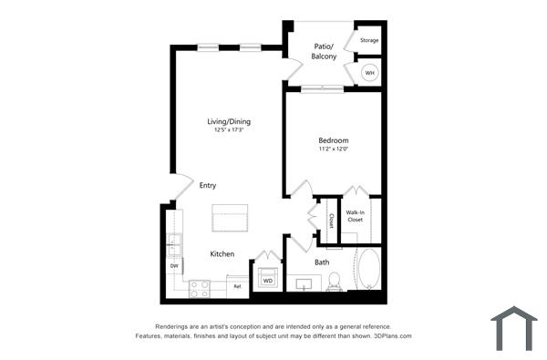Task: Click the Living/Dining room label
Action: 228,121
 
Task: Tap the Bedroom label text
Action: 333,140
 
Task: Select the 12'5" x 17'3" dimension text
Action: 228,130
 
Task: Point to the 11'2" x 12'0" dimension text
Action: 333,149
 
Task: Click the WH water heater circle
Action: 369,73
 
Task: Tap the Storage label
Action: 368,41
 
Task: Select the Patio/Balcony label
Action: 325,51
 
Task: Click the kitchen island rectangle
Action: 230,220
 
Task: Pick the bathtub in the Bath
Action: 368,271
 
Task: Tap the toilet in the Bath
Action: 334,281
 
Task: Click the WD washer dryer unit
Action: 268,279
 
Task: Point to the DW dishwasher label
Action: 173,265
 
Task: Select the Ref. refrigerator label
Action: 237,286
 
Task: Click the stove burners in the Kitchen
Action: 199,287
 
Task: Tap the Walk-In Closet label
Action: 355,216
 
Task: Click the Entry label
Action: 208,185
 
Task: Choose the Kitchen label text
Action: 222,253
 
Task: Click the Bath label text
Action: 322,262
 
